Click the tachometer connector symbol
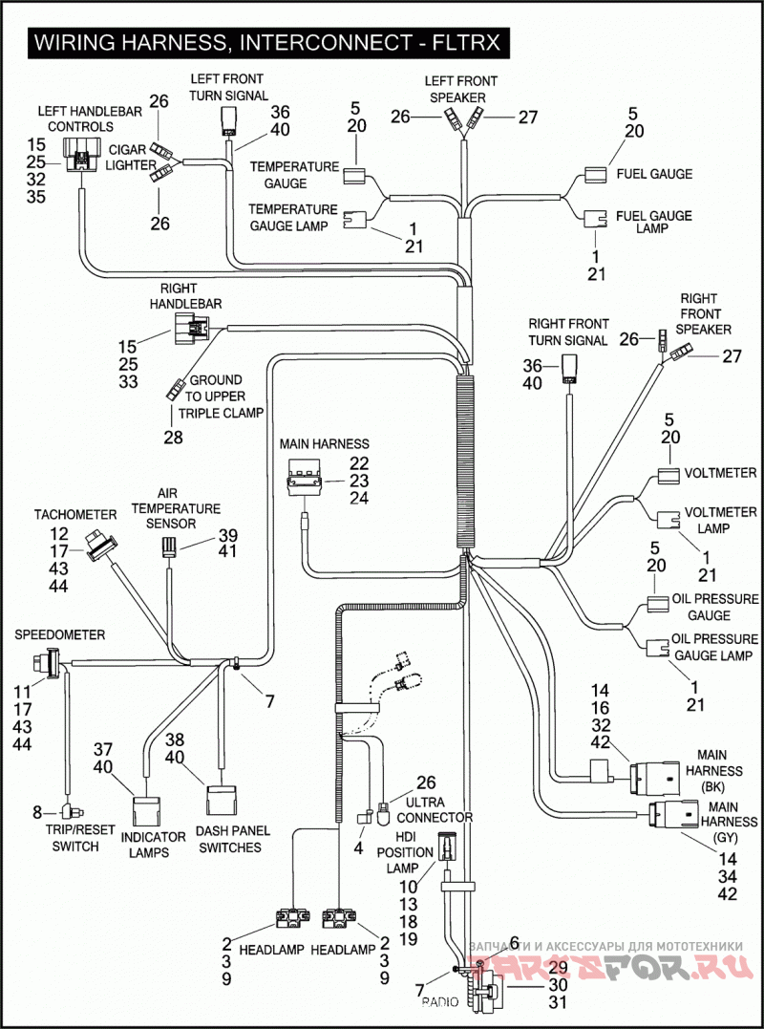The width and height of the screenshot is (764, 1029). pos(99,546)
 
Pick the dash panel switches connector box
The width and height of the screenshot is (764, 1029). pos(222,801)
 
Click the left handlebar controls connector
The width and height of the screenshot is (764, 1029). pos(82,155)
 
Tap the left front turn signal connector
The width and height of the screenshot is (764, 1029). pos(229,122)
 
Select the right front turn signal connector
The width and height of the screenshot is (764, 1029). pos(569,370)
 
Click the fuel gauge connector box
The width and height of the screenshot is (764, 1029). pos(596,175)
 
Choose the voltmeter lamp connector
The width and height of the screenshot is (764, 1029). pos(668,520)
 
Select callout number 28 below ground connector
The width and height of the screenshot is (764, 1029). pos(173,437)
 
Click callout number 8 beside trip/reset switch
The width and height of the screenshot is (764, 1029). pos(37,812)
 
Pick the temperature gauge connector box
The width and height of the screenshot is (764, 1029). pos(355,175)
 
